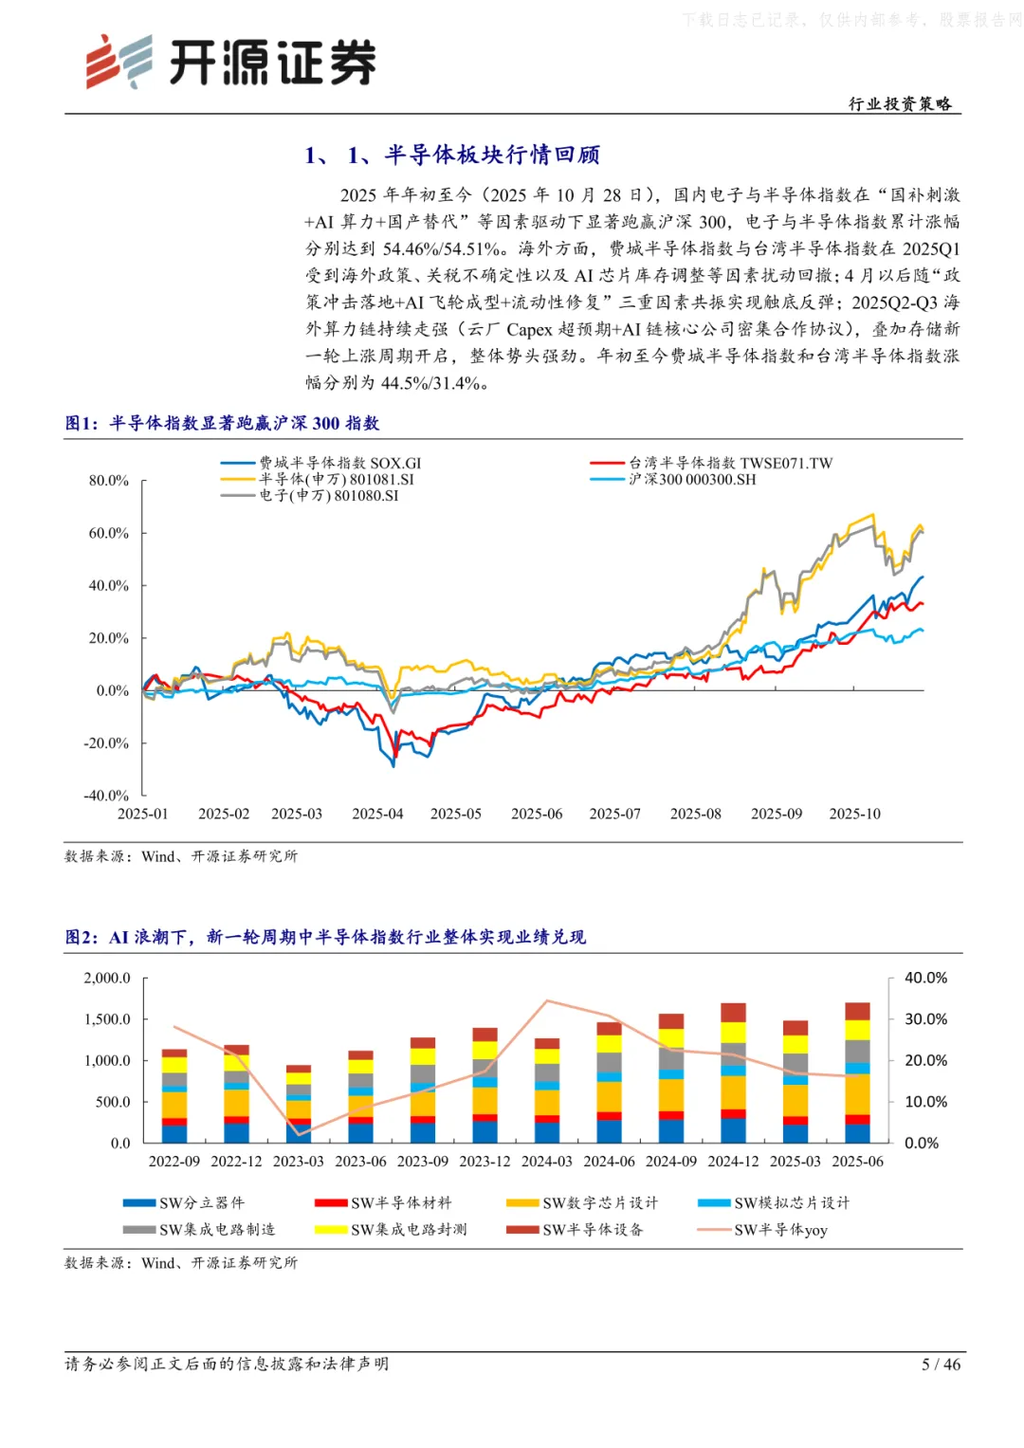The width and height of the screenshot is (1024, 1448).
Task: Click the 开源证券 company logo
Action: point(230,63)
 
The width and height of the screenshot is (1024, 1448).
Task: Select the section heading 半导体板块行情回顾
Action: point(491,155)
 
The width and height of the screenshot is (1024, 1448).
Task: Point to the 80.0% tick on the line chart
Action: point(109,481)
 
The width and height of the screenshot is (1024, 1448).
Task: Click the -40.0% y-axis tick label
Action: point(106,796)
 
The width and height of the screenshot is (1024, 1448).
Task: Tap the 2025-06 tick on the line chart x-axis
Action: point(537,814)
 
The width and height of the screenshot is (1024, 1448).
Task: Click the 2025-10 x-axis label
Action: point(854,814)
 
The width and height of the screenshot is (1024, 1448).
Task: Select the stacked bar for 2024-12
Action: point(733,1072)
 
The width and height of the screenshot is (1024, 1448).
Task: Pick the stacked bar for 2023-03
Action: point(299,1104)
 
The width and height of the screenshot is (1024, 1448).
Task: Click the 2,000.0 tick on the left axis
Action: point(107,978)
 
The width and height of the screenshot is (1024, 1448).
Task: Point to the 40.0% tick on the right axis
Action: point(925,978)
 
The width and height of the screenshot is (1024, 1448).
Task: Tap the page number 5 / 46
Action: point(941,1364)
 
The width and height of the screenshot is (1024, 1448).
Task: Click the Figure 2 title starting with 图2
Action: point(325,937)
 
